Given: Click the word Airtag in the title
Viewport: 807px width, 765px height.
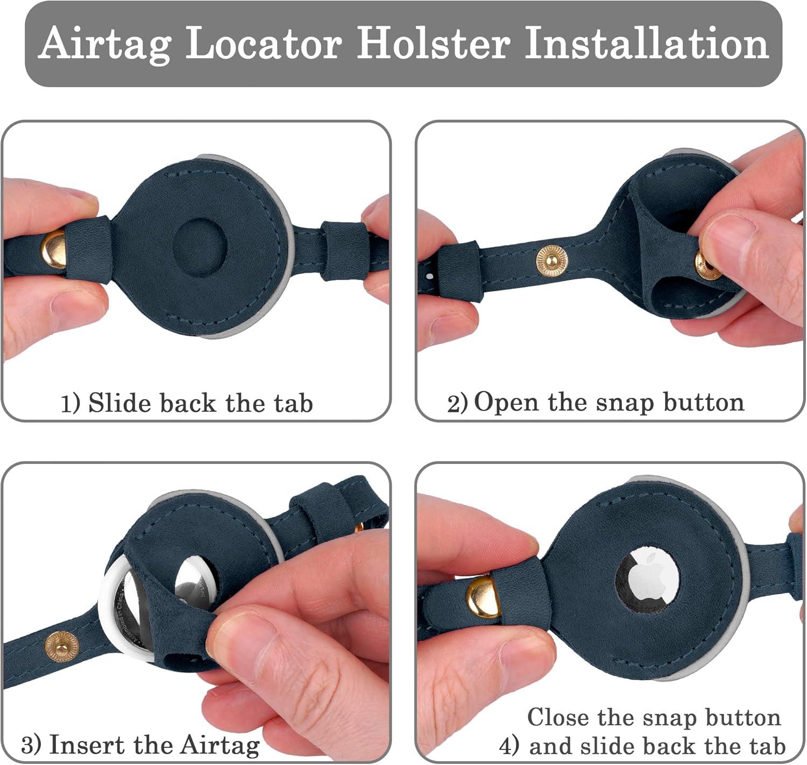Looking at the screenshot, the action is point(105,44).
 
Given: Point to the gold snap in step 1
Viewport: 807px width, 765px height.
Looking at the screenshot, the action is point(54,249).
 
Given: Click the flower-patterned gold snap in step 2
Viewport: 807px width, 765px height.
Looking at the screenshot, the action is point(552,261).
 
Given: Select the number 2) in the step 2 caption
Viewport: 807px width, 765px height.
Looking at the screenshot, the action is point(457,404).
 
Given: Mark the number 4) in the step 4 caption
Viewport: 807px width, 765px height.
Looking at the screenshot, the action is point(509,746).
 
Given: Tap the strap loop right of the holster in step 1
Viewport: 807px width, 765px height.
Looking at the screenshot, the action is point(345,251).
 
